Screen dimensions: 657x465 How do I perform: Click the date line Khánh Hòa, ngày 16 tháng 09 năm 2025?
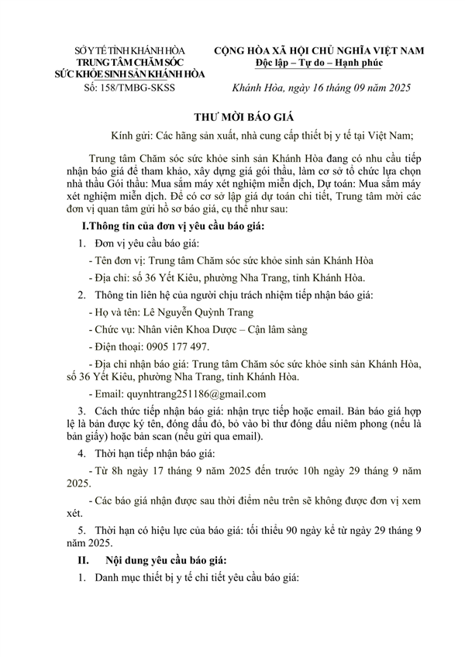point(326,90)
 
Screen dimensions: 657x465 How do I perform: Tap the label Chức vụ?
point(113,329)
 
